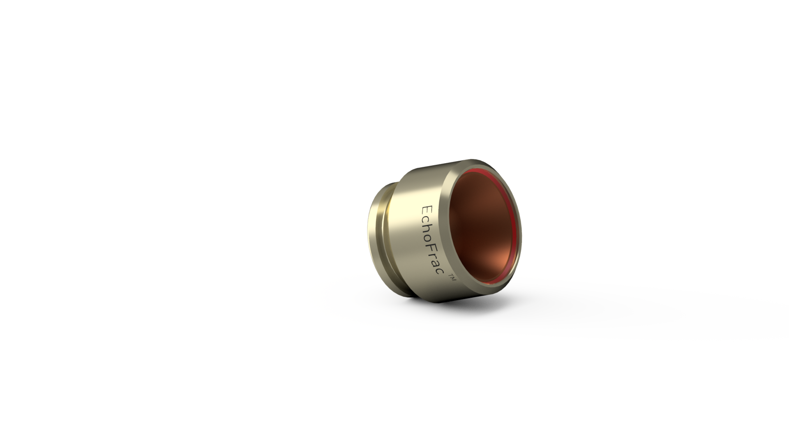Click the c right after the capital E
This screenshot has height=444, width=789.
[x=427, y=218]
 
